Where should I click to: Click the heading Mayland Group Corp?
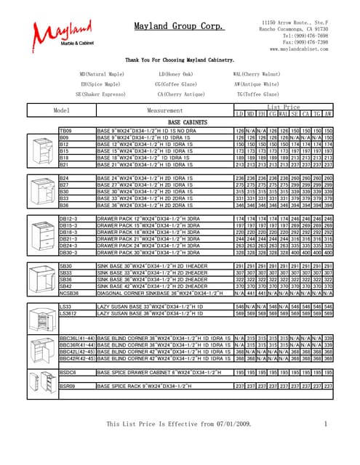179,26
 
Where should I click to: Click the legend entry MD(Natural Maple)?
102,74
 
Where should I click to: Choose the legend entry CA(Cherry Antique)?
177,93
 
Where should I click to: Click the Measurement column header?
164,110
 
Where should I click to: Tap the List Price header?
284,107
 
